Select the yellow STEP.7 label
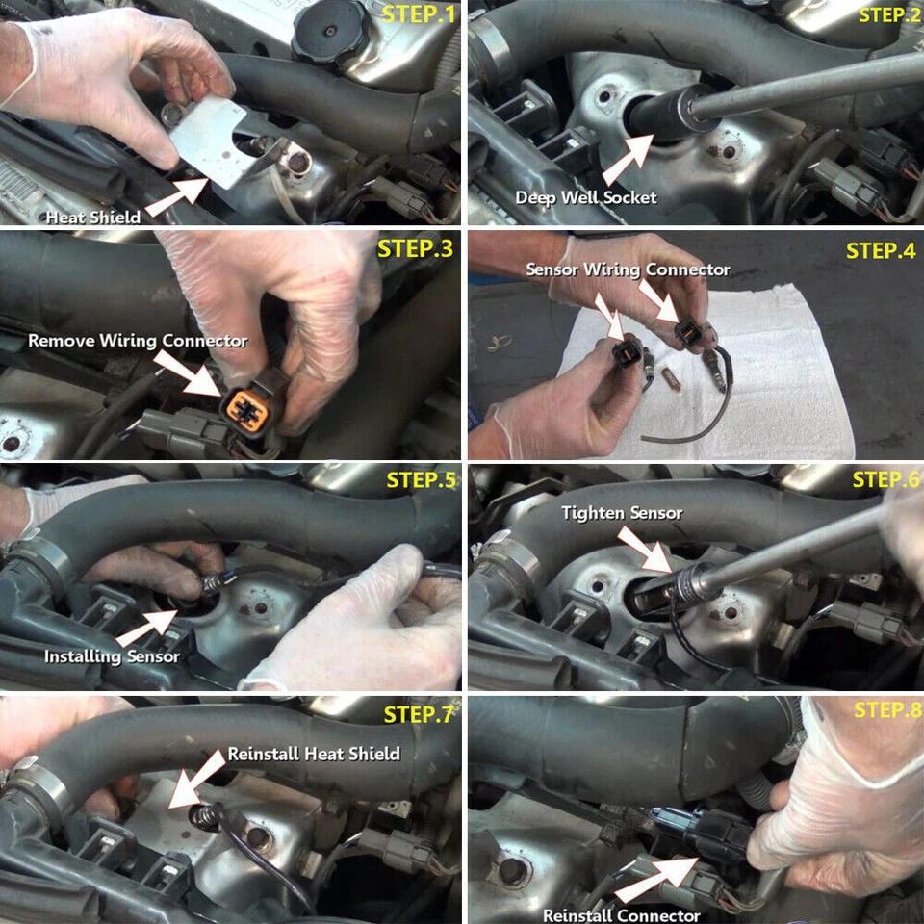[x=418, y=714]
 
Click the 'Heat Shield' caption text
[x=92, y=218]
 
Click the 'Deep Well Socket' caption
[x=586, y=197]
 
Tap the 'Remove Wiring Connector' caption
[x=138, y=341]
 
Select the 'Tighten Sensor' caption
[x=622, y=513]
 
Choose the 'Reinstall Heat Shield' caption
[x=314, y=754]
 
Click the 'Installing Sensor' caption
[x=112, y=656]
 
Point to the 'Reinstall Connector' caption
[x=621, y=914]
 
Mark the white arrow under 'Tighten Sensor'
[x=643, y=550]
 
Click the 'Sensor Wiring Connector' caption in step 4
[x=628, y=269]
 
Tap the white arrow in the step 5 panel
[x=144, y=625]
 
